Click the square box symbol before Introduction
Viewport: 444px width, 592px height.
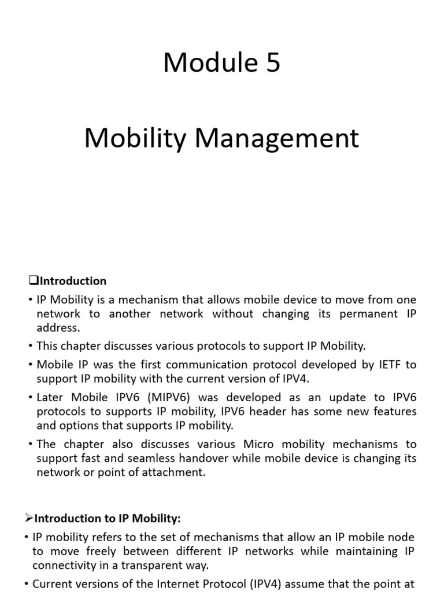pos(32,281)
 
